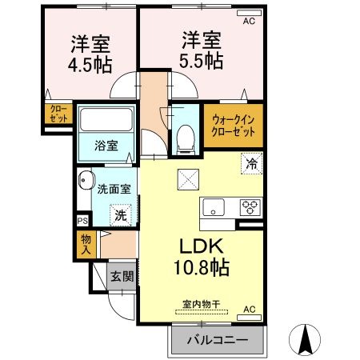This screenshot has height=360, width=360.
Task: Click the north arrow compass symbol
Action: click(x=305, y=339)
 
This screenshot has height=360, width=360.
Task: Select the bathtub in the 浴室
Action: click(x=106, y=119)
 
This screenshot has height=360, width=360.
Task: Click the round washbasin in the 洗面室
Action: click(x=86, y=180)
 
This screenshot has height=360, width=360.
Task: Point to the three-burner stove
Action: click(x=250, y=207)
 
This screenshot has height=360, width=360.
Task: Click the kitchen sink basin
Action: click(x=214, y=207)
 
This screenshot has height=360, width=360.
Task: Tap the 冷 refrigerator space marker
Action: click(x=252, y=163)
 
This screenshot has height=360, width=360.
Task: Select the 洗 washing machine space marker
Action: click(x=121, y=215)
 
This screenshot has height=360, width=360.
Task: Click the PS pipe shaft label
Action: click(x=82, y=221)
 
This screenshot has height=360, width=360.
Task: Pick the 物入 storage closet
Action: click(x=86, y=244)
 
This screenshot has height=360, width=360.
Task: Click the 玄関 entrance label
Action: click(x=122, y=276)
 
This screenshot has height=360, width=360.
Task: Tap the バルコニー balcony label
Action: click(x=218, y=340)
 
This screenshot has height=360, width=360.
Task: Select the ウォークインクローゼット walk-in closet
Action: click(x=234, y=126)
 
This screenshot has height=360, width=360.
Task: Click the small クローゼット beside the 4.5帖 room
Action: click(x=58, y=114)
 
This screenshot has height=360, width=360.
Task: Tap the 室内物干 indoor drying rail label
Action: click(x=202, y=304)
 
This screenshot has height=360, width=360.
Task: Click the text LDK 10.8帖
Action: click(x=202, y=257)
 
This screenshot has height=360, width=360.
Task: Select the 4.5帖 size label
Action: click(x=90, y=66)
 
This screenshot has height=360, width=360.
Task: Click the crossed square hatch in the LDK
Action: click(x=188, y=179)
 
